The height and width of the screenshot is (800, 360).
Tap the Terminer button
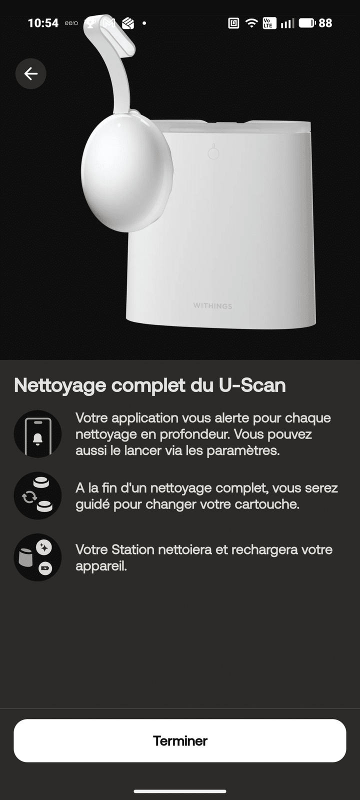pyautogui.click(x=180, y=740)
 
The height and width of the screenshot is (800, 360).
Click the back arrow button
pyautogui.click(x=30, y=73)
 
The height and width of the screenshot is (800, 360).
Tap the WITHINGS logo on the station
pyautogui.click(x=212, y=305)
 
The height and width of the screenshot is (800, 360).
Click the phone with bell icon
pyautogui.click(x=37, y=434)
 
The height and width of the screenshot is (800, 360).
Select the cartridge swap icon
pyautogui.click(x=37, y=495)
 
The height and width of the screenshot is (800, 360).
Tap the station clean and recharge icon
pyautogui.click(x=37, y=557)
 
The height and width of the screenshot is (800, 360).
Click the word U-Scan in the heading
pyautogui.click(x=252, y=385)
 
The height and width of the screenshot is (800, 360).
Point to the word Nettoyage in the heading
pyautogui.click(x=60, y=386)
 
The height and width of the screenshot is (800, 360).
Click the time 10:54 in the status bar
pyautogui.click(x=43, y=23)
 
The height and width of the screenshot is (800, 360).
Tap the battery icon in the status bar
pyautogui.click(x=307, y=23)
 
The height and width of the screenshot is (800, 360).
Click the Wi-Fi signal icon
pyautogui.click(x=251, y=23)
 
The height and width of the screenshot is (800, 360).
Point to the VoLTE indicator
pyautogui.click(x=269, y=23)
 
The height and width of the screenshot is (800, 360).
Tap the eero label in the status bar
pyautogui.click(x=71, y=23)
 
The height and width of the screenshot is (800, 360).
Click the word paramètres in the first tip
pyautogui.click(x=243, y=450)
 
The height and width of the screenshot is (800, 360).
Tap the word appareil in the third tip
pyautogui.click(x=101, y=566)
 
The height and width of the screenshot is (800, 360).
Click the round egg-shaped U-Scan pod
pyautogui.click(x=127, y=171)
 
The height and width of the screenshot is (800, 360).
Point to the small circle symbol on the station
pyautogui.click(x=213, y=152)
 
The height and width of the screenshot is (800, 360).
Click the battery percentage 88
pyautogui.click(x=325, y=23)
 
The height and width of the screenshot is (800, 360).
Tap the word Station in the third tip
pyautogui.click(x=133, y=549)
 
